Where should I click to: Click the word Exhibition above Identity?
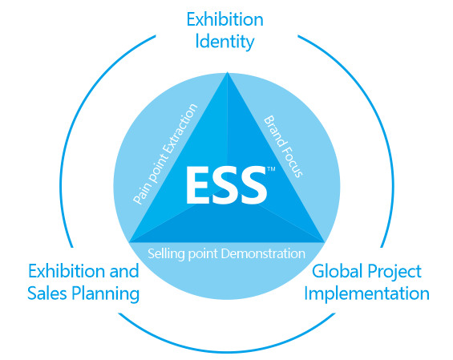coord(225,20)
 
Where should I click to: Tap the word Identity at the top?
coord(224,42)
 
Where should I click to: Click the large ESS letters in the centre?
coord(226,185)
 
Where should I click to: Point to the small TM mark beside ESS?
coord(271,168)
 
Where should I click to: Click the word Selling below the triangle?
coord(166,253)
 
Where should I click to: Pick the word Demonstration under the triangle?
coord(263,253)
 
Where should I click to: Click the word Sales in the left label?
coord(47,293)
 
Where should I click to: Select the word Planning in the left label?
coord(106,294)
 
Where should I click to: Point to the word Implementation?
coord(366,294)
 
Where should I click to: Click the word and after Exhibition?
coord(124,272)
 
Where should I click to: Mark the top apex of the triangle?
coord(228,72)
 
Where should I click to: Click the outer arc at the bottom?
coord(227,352)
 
